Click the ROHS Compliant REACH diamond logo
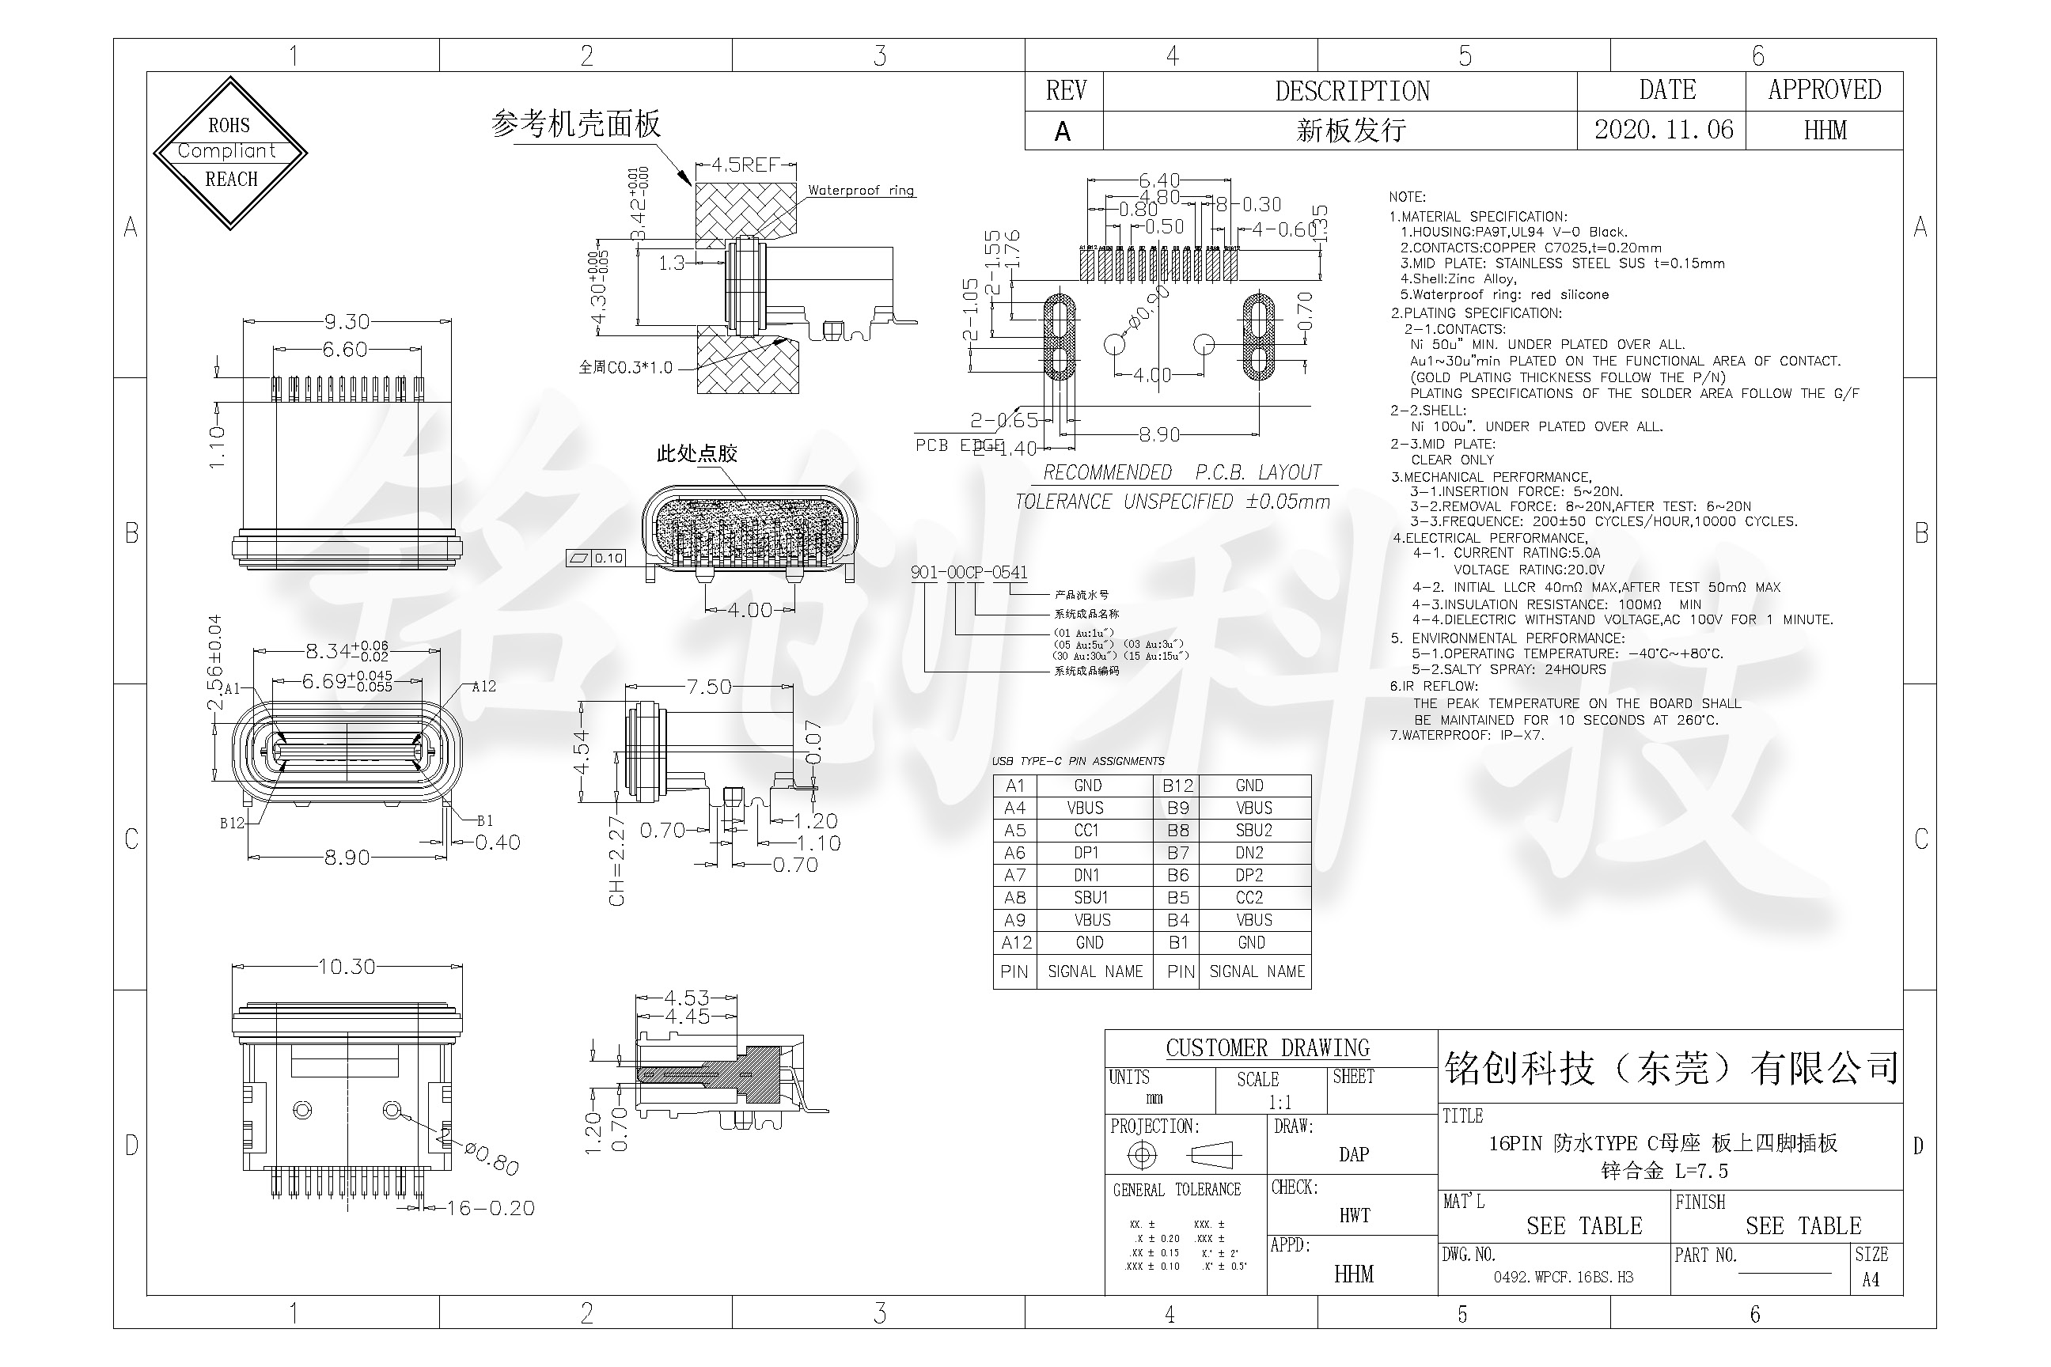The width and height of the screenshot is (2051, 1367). point(230,153)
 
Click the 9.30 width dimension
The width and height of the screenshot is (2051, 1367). point(347,322)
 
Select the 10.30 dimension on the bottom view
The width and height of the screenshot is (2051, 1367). point(347,967)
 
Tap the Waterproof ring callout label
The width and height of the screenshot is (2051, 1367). point(860,190)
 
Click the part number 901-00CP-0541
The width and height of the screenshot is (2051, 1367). point(969,572)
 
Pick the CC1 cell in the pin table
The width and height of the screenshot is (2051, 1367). point(1086,830)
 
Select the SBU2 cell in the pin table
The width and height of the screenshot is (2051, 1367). point(1253,830)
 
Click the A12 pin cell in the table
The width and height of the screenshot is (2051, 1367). point(1016,942)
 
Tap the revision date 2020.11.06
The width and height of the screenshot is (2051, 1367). point(1663,130)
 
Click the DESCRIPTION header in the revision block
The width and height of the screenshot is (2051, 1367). point(1352,91)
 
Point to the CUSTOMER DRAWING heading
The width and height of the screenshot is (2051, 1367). point(1267,1048)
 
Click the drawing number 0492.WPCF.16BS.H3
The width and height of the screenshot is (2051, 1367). point(1563,1277)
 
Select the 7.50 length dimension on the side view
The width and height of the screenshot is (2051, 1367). point(708,687)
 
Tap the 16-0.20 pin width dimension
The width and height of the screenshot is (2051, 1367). point(490,1208)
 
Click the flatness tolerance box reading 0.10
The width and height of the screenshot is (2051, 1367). point(608,558)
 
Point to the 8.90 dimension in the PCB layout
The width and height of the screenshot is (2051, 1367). point(1159,434)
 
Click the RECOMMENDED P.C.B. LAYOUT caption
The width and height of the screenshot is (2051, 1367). point(1181,472)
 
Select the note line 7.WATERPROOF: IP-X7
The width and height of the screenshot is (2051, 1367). point(1467,735)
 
